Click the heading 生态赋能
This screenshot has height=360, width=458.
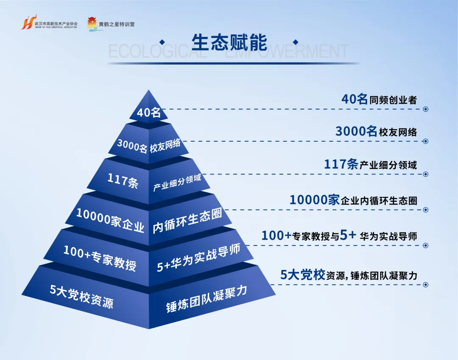[x=229, y=42]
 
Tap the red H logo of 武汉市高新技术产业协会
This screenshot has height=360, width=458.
[x=27, y=23]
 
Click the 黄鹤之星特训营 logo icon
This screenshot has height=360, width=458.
[x=92, y=24]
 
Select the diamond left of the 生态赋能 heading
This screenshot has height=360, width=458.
[x=162, y=42]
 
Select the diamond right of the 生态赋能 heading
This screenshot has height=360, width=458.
[x=296, y=42]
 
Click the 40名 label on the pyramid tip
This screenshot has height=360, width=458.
[x=148, y=112]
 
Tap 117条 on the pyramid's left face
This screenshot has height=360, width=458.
[x=123, y=180]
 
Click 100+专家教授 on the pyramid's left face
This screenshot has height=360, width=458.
[x=100, y=257]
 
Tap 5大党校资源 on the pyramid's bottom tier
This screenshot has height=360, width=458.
[x=81, y=296]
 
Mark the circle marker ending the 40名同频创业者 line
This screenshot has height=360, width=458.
[x=426, y=109]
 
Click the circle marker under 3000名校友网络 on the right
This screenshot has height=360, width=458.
[x=426, y=141]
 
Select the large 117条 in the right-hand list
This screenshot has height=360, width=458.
[x=341, y=164]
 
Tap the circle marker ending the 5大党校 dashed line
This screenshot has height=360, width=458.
[x=426, y=284]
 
